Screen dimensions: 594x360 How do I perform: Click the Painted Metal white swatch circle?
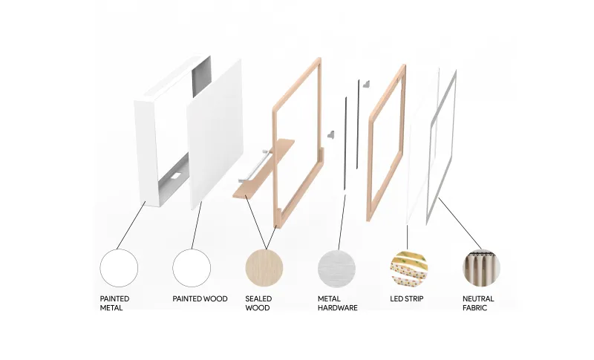119,268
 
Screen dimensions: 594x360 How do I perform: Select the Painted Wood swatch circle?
192,268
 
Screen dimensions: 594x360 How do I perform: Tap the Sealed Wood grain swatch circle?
264,268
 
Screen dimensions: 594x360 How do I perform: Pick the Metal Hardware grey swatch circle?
337,268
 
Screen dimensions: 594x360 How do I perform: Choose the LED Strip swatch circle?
409,268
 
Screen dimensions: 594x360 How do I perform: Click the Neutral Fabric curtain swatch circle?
481,268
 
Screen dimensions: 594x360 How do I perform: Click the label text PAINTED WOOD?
200,298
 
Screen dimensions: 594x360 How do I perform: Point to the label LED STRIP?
407,298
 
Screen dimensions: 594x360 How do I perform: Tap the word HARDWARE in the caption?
338,308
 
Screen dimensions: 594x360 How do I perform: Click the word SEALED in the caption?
258,298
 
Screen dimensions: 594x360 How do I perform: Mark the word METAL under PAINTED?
111,308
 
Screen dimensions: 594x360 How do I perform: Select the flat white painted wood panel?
215,134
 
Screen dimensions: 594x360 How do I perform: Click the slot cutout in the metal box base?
176,176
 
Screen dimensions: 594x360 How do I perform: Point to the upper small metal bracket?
366,84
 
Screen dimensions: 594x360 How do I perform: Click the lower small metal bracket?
330,135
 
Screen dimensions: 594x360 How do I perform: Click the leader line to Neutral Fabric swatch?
460,223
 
